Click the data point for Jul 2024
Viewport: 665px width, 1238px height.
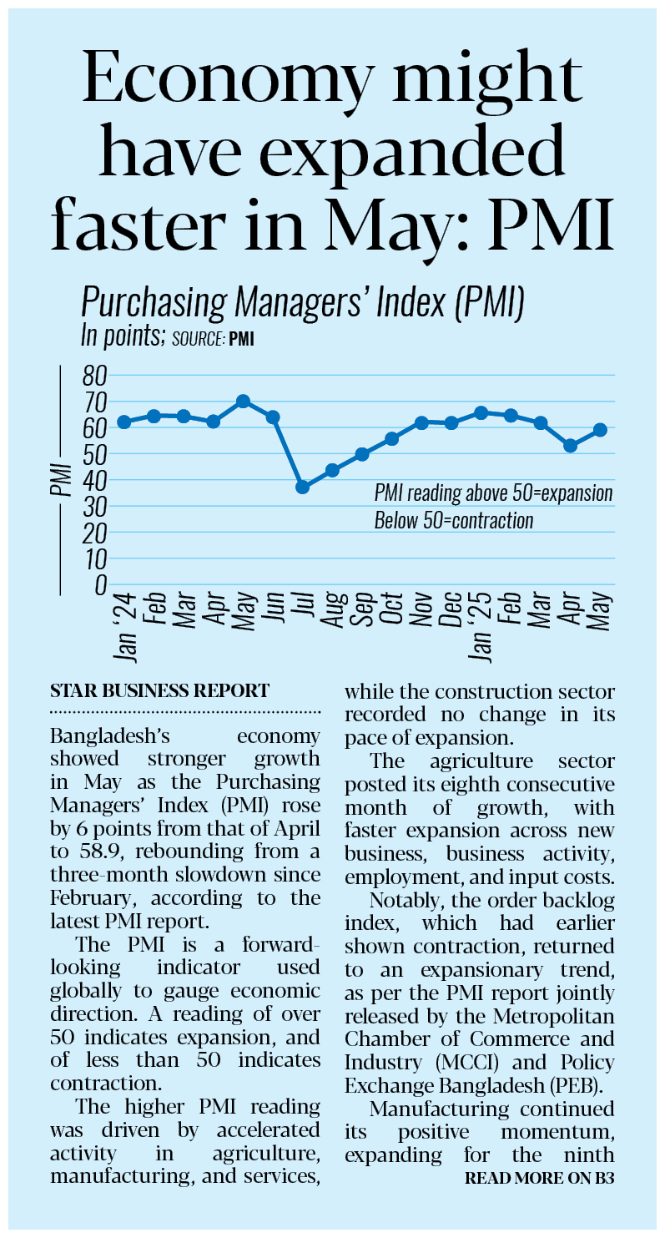click(303, 487)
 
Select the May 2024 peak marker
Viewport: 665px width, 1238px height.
click(243, 402)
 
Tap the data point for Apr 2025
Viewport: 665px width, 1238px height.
click(571, 446)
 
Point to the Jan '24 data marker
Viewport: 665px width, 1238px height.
click(124, 422)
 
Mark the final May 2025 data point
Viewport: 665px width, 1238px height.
click(600, 430)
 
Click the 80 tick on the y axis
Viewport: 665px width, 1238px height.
click(95, 376)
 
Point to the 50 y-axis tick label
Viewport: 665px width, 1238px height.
click(95, 454)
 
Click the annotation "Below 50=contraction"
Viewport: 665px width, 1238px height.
click(453, 521)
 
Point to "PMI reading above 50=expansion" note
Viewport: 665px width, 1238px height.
click(493, 493)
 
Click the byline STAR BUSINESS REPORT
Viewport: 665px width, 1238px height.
click(160, 691)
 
